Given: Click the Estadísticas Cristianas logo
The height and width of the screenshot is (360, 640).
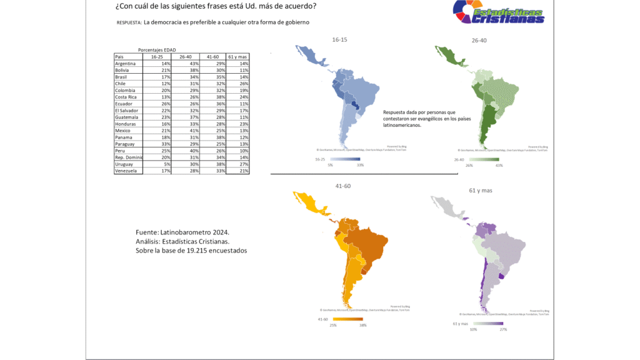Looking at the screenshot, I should click(x=499, y=14).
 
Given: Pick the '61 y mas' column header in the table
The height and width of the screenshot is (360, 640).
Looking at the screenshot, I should click(x=237, y=57).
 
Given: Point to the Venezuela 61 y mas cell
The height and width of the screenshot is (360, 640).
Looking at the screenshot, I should click(x=237, y=171).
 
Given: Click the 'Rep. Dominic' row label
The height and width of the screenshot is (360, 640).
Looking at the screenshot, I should click(x=128, y=157).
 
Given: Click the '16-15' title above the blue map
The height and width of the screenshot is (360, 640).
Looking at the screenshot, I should click(x=339, y=39).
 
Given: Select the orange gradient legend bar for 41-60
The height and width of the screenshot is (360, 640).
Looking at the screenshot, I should click(x=351, y=319).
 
